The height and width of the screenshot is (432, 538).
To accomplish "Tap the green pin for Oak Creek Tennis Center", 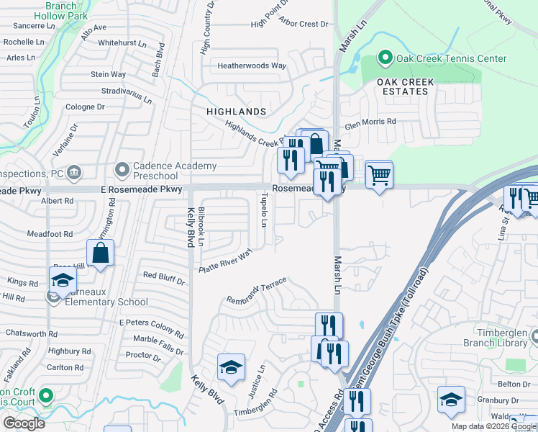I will [385, 58].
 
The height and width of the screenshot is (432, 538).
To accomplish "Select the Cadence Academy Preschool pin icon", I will [122, 171].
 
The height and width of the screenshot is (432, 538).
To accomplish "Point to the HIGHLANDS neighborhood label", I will [237, 112].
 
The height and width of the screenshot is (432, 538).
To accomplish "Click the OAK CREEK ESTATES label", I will [406, 87].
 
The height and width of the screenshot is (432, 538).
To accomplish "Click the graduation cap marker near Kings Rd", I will [63, 279].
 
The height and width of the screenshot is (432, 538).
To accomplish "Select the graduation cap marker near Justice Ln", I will [231, 367].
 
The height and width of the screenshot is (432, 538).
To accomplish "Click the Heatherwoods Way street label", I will [252, 66].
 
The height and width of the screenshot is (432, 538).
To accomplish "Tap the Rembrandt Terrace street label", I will [257, 290].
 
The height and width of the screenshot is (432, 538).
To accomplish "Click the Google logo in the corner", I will [24, 423].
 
